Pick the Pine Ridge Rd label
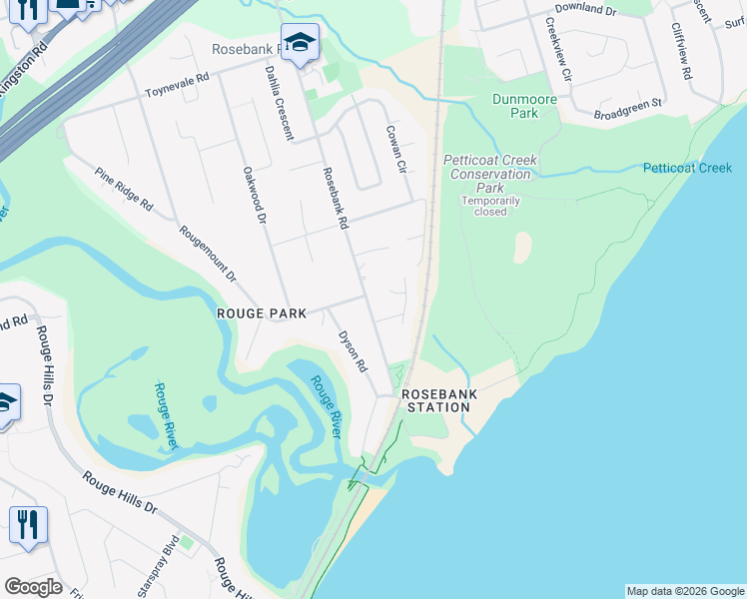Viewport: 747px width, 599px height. [x=124, y=189]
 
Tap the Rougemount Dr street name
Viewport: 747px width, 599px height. [x=208, y=252]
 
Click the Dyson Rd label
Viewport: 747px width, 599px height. [x=353, y=352]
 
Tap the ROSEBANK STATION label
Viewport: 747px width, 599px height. [x=438, y=400]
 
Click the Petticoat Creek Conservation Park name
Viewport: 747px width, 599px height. [x=490, y=174]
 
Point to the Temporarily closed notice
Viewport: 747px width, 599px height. [x=490, y=206]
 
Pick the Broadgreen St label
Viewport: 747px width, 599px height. [x=627, y=104]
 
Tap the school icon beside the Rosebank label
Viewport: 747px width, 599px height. [x=300, y=42]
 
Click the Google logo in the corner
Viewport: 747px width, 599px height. [x=33, y=587]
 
